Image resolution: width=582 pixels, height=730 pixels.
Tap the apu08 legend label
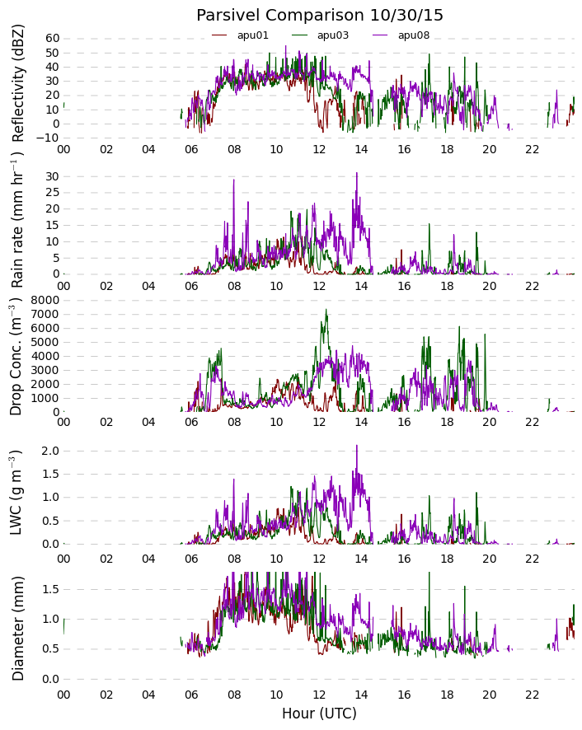pos(414,35)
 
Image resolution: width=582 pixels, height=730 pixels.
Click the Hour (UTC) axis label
pos(319,714)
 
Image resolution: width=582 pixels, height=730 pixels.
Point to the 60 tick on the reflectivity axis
pos(52,38)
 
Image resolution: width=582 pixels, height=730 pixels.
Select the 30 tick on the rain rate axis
pos(52,176)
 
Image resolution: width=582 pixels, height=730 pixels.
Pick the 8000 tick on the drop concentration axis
pos(45,300)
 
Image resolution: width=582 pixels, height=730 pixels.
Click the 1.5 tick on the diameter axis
pos(49,589)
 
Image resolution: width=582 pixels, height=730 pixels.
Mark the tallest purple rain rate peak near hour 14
pos(357,173)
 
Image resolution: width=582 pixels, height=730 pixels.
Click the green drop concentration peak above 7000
pos(326,311)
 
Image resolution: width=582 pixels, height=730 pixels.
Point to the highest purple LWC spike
pos(357,446)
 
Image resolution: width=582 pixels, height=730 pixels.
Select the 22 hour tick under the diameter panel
pos(533,695)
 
